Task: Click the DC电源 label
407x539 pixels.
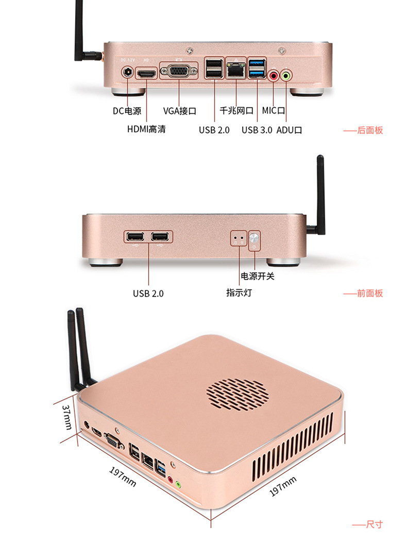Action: pyautogui.click(x=127, y=111)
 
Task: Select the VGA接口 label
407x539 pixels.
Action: pyautogui.click(x=180, y=111)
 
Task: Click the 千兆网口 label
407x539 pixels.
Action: pyautogui.click(x=236, y=111)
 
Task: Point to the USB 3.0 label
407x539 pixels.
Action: pyautogui.click(x=257, y=130)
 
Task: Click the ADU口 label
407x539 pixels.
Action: pyautogui.click(x=289, y=130)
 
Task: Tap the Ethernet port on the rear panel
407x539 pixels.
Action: pyautogui.click(x=236, y=71)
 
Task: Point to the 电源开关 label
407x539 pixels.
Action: pyautogui.click(x=258, y=276)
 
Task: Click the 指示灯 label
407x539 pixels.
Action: pyautogui.click(x=239, y=292)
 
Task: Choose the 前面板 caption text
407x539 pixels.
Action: pyautogui.click(x=370, y=293)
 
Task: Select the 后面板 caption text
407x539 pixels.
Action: pyautogui.click(x=370, y=130)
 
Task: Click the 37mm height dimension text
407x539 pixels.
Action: pyautogui.click(x=67, y=417)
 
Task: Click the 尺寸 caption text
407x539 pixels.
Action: pyautogui.click(x=374, y=525)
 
